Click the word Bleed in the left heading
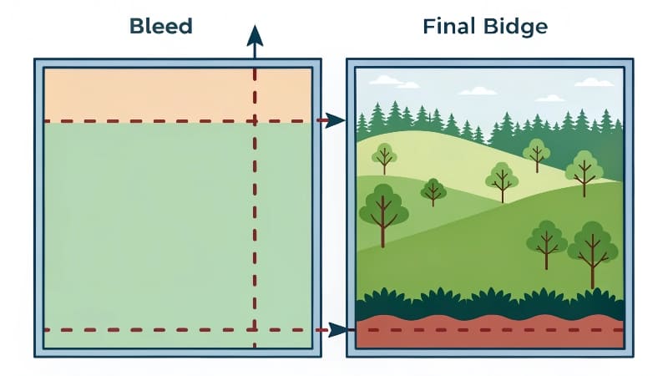click(160, 26)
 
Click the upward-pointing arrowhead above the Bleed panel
click(256, 35)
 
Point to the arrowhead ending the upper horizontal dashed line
click(336, 121)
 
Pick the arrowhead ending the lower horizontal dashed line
click(337, 330)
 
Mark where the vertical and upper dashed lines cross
click(256, 121)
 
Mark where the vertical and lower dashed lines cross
click(256, 330)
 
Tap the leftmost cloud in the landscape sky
click(385, 80)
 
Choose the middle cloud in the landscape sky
click(478, 89)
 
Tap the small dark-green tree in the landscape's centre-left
click(433, 191)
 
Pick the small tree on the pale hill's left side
click(384, 155)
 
